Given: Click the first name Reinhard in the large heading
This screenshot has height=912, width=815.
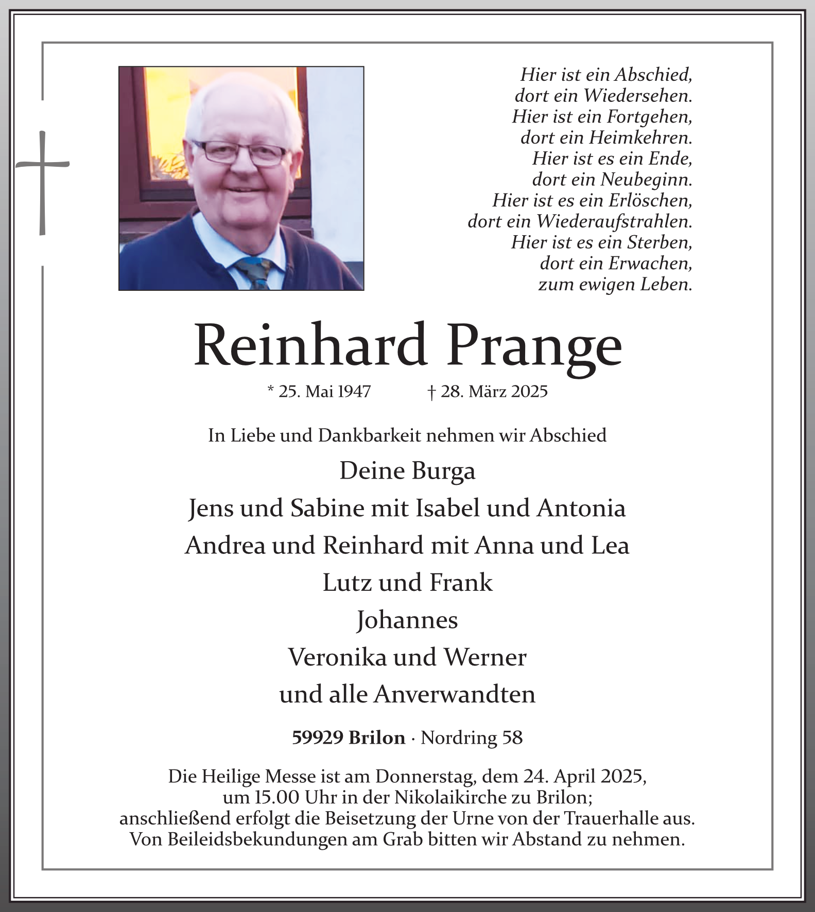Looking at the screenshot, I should coord(310,345).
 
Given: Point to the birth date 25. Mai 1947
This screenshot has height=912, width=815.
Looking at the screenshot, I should coord(320,392).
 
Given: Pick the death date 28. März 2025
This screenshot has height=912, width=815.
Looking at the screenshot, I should coord(488,392).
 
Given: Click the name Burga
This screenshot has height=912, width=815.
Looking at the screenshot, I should coord(443,471).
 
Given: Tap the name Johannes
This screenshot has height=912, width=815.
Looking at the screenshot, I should coord(407,620).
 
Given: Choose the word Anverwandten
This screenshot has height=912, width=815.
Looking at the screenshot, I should coord(455,695).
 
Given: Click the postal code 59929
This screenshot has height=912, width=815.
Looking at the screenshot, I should coord(317,738).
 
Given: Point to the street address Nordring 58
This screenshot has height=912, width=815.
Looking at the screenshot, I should coord(472,738).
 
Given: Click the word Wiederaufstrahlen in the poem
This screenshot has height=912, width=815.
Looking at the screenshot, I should coord(614,221).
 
